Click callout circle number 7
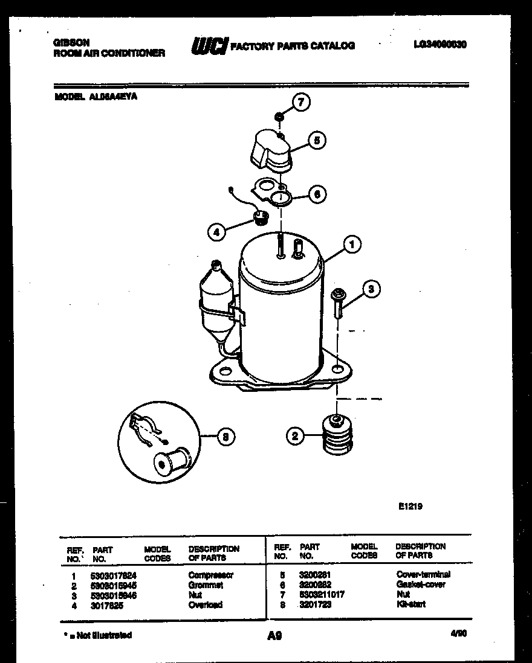tap(301, 102)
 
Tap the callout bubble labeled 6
tap(316, 194)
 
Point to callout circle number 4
tap(216, 231)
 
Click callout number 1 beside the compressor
tap(352, 243)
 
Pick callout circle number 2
tap(294, 436)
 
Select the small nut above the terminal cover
tap(278, 116)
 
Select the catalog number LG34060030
tap(440, 45)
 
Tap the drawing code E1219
tap(410, 507)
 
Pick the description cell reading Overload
tap(206, 604)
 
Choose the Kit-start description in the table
tap(411, 604)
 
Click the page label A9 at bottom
tap(274, 635)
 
